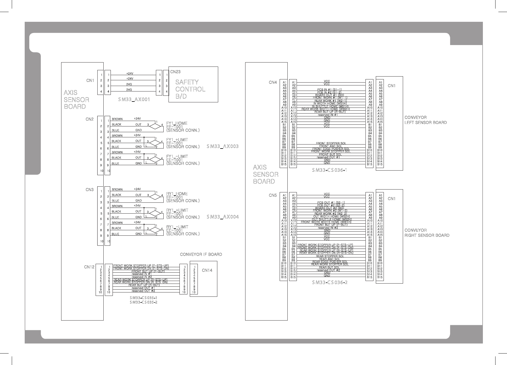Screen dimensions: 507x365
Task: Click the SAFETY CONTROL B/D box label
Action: pos(190,89)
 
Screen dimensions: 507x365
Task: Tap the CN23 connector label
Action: pos(175,72)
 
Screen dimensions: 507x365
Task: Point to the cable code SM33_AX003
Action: pos(222,146)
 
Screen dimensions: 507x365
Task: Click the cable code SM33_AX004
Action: pos(222,217)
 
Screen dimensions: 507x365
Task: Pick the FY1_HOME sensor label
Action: pos(177,123)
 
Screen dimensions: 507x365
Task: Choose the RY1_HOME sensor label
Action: pos(177,194)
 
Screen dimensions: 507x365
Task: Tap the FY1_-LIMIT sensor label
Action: pos(177,157)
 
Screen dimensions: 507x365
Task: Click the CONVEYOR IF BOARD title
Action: pos(201,254)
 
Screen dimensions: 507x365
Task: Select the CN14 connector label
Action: pos(207,270)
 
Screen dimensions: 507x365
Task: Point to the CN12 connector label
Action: pos(89,267)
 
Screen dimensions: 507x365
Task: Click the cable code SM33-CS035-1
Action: pos(143,298)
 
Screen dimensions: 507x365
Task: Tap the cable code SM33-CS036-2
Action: pos(330,282)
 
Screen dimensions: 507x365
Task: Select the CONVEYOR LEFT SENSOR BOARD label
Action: pos(425,120)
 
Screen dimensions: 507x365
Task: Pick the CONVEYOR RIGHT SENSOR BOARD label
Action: pos(427,233)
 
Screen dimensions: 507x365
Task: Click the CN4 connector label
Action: pos(273,83)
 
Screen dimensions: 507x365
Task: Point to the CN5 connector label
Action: pos(273,196)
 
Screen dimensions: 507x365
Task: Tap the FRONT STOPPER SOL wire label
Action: pos(331,143)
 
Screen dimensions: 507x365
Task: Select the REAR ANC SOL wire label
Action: pos(330,259)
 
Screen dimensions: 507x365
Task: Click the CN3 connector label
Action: pos(90,190)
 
